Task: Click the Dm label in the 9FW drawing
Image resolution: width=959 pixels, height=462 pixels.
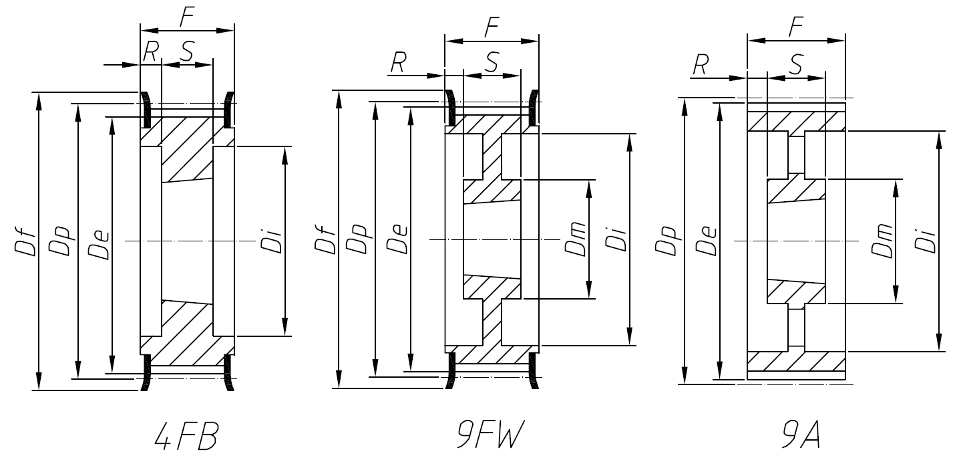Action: pyautogui.click(x=575, y=239)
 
